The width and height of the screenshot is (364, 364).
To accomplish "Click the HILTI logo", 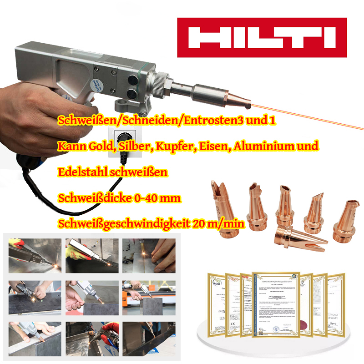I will pos(262,38).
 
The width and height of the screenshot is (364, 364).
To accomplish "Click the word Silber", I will pos(133,147).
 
